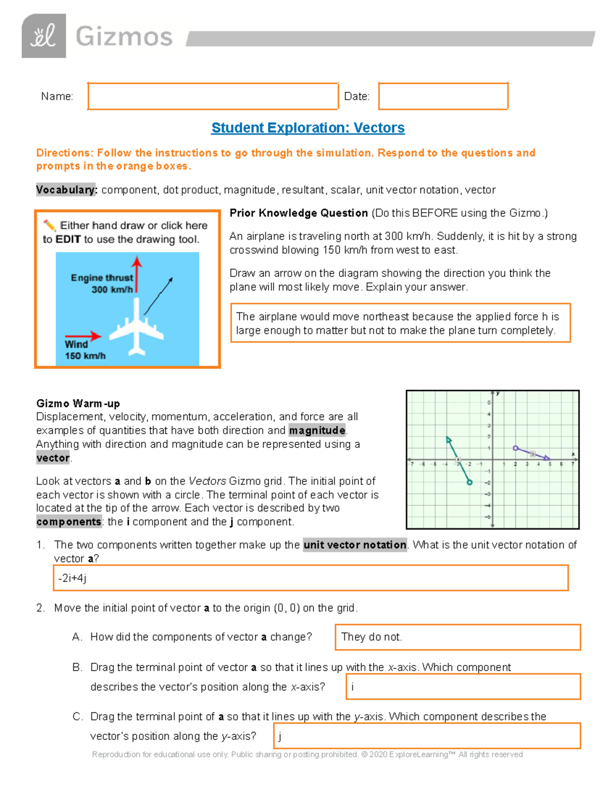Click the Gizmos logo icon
(x=44, y=36)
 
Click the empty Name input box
(x=213, y=96)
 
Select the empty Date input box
(x=443, y=96)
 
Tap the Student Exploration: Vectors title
(x=308, y=128)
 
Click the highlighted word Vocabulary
(x=66, y=190)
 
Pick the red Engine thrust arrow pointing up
(x=137, y=275)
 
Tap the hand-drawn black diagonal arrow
(x=158, y=296)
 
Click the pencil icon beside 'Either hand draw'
(x=49, y=225)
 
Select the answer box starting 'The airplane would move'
(x=400, y=323)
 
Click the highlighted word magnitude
(x=317, y=430)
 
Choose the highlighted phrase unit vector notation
(x=355, y=545)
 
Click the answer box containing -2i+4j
(x=311, y=578)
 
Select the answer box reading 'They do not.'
(x=457, y=637)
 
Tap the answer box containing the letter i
(x=464, y=687)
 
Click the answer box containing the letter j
(x=427, y=736)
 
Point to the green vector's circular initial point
(x=469, y=482)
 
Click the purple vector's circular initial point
(x=515, y=448)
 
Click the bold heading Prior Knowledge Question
(x=299, y=213)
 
